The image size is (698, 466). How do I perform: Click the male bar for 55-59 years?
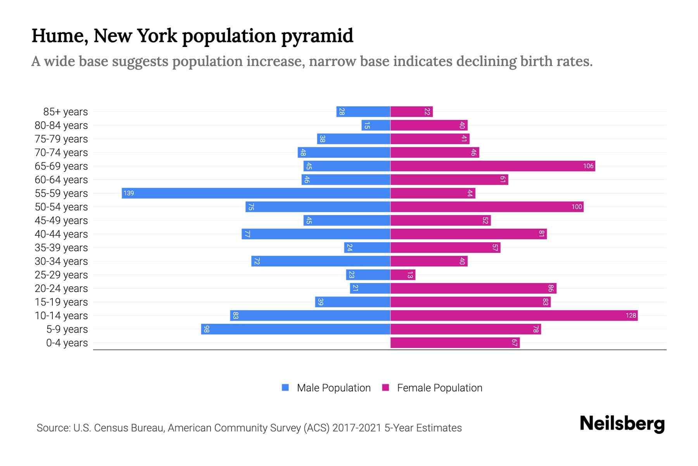[256, 193]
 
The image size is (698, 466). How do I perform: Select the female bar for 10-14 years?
[514, 316]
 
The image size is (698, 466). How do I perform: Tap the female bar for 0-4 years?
[454, 343]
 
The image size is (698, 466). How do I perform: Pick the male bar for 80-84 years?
[376, 125]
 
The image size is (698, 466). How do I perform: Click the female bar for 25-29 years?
[403, 275]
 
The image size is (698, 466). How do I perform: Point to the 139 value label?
[129, 193]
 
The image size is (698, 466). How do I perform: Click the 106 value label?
[588, 166]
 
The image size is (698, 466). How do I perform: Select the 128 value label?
[631, 316]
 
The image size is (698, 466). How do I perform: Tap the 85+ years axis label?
[66, 112]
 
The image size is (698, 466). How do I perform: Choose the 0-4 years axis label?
[67, 343]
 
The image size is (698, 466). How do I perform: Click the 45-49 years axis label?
[61, 221]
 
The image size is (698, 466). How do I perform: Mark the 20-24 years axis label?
[61, 289]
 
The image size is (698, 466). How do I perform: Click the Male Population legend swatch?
[285, 388]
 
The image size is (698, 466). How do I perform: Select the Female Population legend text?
[439, 388]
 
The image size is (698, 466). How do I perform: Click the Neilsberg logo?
[622, 424]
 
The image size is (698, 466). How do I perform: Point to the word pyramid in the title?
[317, 36]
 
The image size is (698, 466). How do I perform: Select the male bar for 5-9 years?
[295, 329]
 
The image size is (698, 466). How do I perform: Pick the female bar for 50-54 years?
[487, 207]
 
